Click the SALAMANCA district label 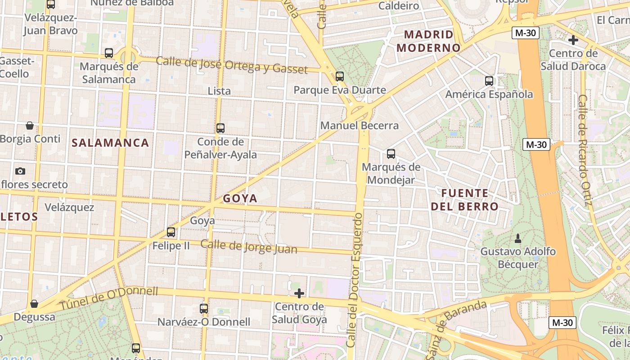(x=110, y=143)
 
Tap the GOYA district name (x=240, y=198)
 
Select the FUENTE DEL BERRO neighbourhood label (x=465, y=200)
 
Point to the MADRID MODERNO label (x=429, y=41)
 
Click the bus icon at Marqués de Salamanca (x=109, y=53)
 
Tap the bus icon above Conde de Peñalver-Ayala (x=220, y=128)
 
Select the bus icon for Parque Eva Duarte (x=340, y=76)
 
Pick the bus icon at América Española (x=489, y=81)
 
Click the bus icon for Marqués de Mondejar (x=391, y=154)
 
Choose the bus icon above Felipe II (x=171, y=232)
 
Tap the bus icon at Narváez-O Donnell (x=204, y=309)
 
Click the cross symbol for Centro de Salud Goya (x=299, y=294)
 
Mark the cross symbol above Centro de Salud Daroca (x=573, y=40)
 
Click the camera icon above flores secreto (x=20, y=171)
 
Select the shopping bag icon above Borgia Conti (x=30, y=125)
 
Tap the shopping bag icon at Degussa (x=34, y=304)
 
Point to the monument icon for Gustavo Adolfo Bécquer (x=517, y=238)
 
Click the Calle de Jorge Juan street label (x=249, y=247)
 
